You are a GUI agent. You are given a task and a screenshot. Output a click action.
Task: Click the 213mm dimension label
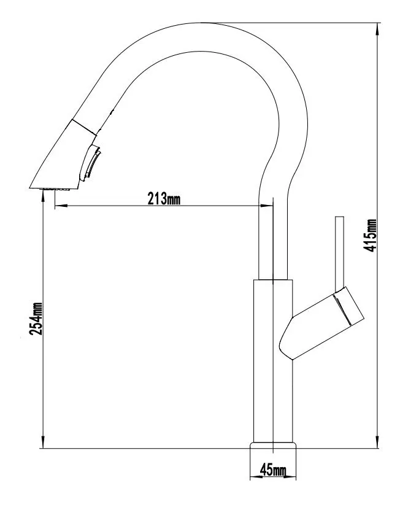164,199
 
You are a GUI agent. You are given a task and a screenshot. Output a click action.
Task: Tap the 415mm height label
371,236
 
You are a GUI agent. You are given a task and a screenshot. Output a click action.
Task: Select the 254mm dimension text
36,319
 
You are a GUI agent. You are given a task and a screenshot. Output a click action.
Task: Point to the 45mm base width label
273,470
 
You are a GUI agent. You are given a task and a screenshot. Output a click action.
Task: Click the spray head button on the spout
93,162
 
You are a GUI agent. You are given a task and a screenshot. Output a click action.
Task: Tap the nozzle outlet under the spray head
56,189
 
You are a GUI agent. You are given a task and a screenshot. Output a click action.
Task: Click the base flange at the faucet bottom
273,445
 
